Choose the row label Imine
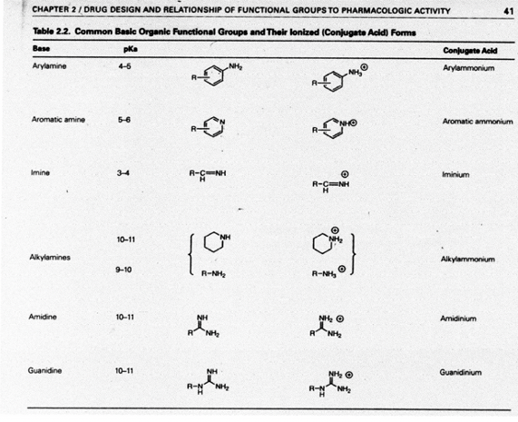click(x=39, y=172)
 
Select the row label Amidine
click(x=44, y=319)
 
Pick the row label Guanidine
click(x=48, y=370)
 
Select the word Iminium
click(x=455, y=173)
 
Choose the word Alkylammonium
click(x=468, y=260)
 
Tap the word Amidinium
click(x=459, y=319)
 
